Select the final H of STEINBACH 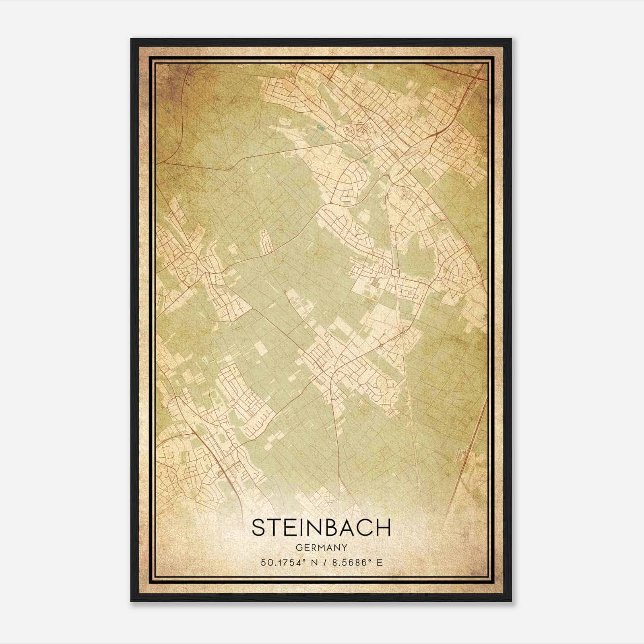click(383, 528)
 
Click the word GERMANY click(321, 547)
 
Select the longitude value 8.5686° click(349, 562)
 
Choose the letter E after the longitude click(379, 562)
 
